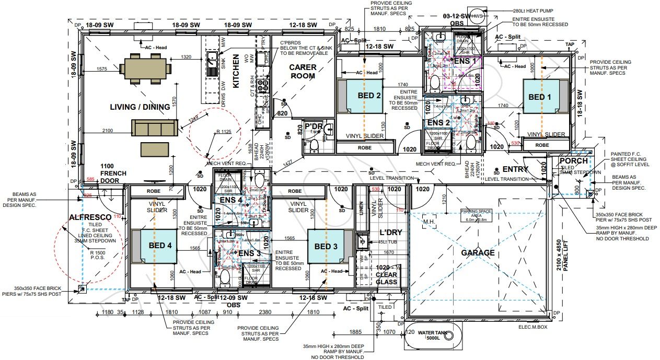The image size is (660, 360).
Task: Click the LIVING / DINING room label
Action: point(140,107)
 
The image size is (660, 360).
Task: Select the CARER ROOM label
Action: point(303,72)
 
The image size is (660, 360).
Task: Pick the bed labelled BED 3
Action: point(327,246)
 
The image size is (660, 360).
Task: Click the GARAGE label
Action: point(477,253)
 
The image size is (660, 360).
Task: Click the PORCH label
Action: point(573,160)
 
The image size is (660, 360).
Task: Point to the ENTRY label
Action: point(515,169)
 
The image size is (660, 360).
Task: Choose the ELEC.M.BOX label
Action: point(533,328)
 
